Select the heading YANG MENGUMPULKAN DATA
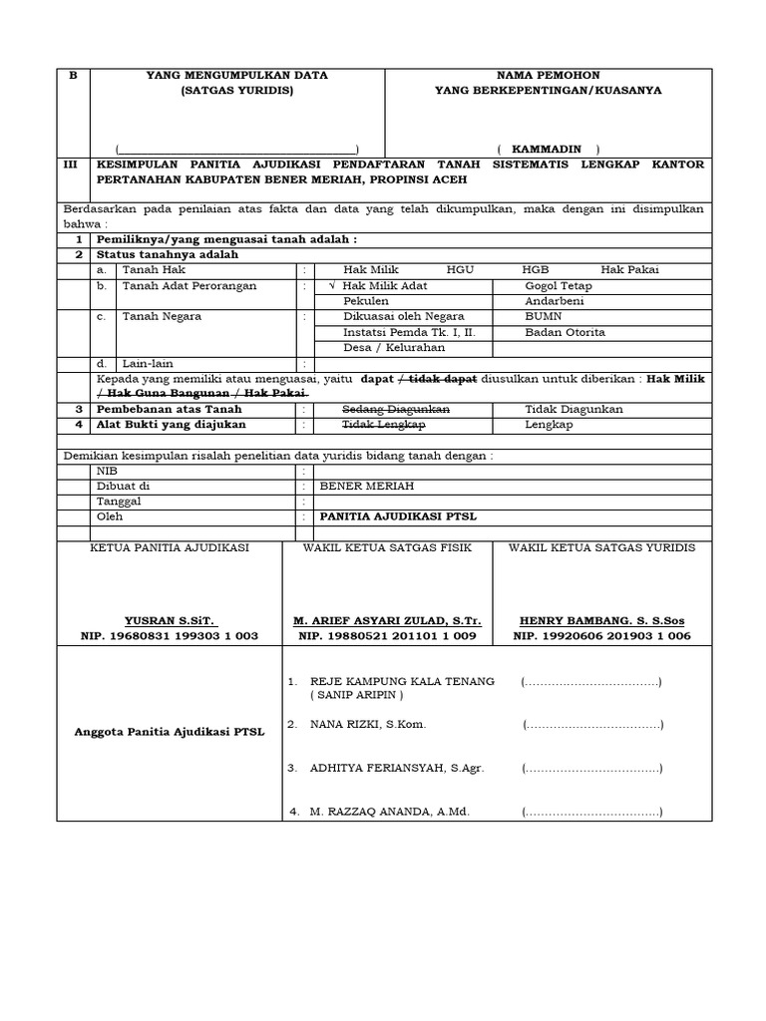(x=236, y=75)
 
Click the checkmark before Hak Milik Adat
(x=332, y=285)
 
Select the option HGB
(x=535, y=269)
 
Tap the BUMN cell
(x=544, y=317)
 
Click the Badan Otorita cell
(x=565, y=332)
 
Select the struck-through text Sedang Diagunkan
(x=396, y=410)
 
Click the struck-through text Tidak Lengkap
(x=384, y=425)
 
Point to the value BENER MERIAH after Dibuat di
(x=366, y=486)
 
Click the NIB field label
(x=106, y=470)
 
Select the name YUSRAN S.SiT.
(x=169, y=619)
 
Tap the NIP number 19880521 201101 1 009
(x=388, y=635)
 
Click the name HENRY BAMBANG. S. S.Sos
(x=601, y=619)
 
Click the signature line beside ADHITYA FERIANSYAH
(x=591, y=769)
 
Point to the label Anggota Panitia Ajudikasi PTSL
(x=170, y=732)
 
